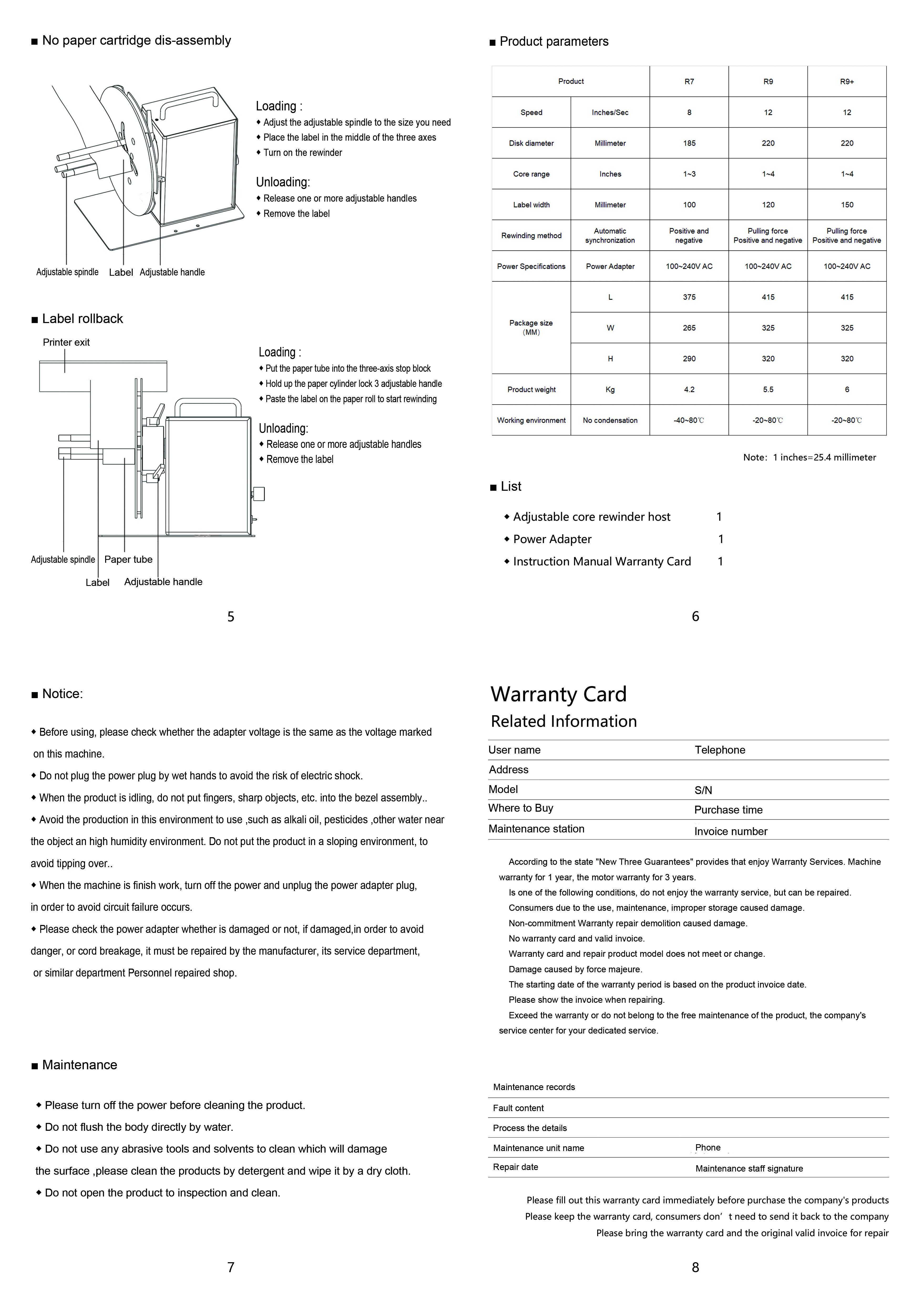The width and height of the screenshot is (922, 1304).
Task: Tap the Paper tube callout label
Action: pos(128,559)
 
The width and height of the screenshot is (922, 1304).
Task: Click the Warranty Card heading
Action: pos(559,694)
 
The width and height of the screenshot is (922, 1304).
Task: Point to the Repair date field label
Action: pos(515,1167)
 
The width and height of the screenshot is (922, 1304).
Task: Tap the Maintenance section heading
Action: pos(79,1065)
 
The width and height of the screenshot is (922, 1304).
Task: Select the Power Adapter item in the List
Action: pos(552,539)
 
